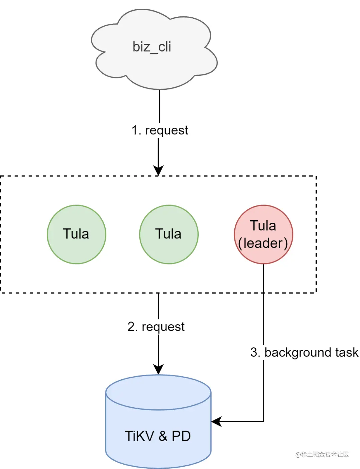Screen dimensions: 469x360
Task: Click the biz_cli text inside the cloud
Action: (152, 47)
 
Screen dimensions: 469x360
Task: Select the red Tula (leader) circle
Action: (263, 234)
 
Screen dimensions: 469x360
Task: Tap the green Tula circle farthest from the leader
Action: (76, 234)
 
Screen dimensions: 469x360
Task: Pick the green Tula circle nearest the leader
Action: (169, 234)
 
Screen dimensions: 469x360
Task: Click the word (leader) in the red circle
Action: (263, 243)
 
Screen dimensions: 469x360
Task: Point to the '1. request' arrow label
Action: (160, 130)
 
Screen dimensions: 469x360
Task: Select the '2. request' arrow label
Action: (156, 327)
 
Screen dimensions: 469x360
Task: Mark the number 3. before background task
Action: (255, 352)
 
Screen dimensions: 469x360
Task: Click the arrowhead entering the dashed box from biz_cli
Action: (158, 171)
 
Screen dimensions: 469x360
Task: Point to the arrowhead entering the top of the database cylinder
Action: (158, 370)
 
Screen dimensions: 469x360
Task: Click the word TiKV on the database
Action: (139, 436)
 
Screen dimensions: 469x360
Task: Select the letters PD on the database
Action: (181, 436)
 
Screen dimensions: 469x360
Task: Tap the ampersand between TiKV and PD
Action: (163, 436)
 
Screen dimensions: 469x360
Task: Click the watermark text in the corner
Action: (322, 454)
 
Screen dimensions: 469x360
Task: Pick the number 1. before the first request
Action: (136, 130)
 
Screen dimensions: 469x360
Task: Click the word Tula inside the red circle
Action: (263, 226)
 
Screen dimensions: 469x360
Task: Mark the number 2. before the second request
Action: (132, 327)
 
